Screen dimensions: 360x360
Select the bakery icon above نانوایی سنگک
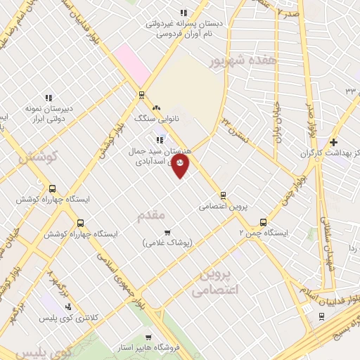click(156, 108)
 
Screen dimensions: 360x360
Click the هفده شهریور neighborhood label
click(243, 61)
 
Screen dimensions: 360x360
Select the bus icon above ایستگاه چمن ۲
click(264, 220)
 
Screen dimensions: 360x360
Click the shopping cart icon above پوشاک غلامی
click(167, 232)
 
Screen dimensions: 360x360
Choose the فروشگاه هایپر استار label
click(148, 348)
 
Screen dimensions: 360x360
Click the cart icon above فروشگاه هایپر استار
click(148, 337)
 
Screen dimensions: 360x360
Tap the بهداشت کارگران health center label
click(330, 153)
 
